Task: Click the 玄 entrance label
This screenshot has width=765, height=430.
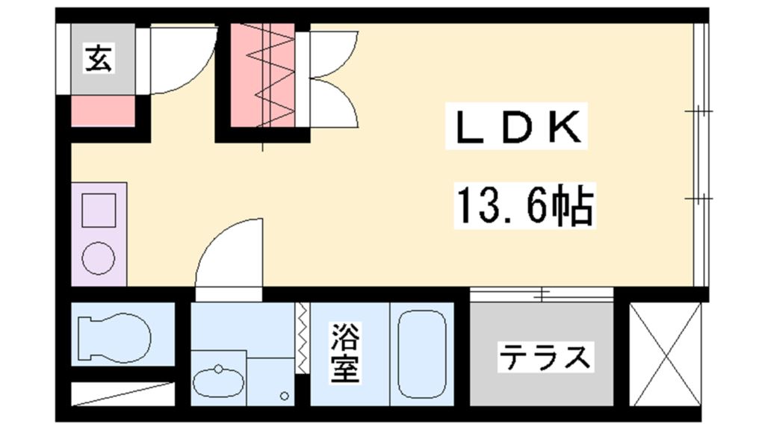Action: tap(99, 58)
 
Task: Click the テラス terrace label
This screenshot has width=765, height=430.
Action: tap(544, 357)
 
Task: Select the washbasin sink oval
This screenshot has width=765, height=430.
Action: tap(218, 381)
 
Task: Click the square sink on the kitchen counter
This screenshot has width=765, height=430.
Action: tap(99, 210)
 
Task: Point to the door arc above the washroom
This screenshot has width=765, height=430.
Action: tap(229, 254)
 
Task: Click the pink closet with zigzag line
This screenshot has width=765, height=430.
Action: tap(262, 75)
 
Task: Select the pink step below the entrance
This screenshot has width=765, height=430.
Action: tap(102, 110)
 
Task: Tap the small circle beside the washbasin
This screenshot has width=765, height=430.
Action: tap(284, 396)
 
